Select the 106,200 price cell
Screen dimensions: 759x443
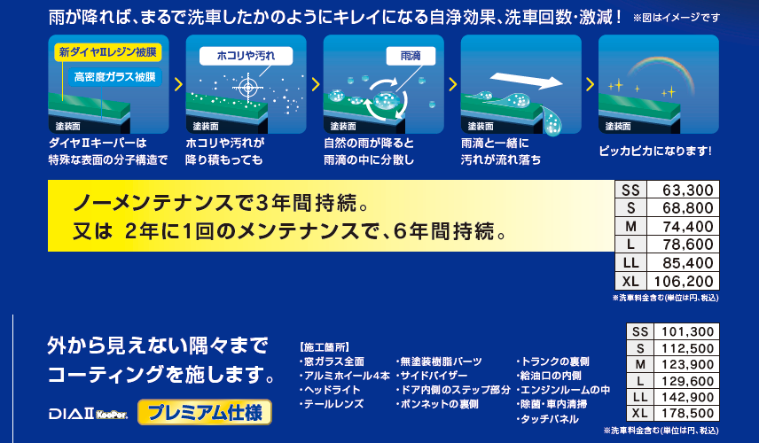pos(684,281)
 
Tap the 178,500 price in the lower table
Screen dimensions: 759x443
pos(687,414)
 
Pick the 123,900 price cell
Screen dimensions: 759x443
pos(687,365)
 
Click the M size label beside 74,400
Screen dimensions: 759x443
pos(630,226)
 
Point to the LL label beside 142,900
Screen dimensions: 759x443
pos(640,397)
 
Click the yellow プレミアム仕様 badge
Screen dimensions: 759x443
pos(205,413)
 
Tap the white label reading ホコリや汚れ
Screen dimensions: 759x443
pos(246,56)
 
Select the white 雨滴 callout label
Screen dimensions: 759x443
pos(411,56)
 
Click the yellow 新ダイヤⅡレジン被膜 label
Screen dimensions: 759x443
pos(107,52)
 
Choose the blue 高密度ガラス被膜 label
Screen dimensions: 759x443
pos(114,77)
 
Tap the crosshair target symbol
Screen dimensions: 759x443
pos(248,88)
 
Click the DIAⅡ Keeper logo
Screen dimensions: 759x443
pos(88,414)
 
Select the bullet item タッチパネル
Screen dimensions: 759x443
pos(547,419)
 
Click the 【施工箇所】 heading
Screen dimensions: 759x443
pos(325,347)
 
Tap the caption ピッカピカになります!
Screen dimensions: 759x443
pos(655,151)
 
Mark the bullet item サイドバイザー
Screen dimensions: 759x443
pos(432,376)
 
